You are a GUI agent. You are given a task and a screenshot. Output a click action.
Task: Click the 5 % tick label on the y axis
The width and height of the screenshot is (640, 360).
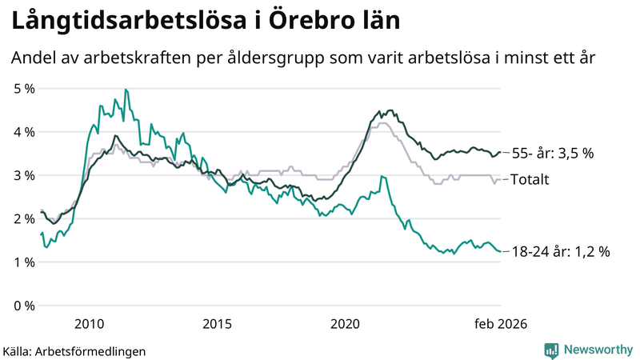23,88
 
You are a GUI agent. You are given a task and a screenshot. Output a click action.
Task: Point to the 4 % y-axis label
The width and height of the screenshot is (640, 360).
23,131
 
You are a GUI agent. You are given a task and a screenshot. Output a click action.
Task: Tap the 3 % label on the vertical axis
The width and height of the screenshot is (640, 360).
23,175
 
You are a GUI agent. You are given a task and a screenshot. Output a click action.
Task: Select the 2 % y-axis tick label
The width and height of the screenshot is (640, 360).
23,218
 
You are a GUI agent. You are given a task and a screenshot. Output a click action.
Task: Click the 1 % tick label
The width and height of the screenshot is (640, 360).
23,262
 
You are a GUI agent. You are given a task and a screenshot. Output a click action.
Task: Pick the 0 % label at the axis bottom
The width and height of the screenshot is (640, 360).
23,306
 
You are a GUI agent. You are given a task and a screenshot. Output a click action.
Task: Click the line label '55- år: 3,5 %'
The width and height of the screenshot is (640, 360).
552,153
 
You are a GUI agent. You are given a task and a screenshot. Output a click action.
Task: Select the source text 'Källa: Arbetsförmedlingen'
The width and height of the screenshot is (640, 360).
74,350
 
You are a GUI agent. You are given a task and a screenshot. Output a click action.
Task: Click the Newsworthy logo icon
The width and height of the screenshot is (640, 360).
551,350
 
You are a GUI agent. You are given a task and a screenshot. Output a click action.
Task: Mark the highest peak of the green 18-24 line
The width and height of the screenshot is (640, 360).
126,90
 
